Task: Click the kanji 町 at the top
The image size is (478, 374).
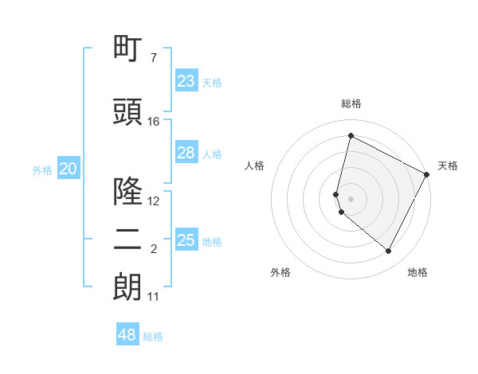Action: [127, 49]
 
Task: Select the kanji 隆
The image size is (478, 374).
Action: [127, 191]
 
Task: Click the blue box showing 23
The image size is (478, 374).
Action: [186, 81]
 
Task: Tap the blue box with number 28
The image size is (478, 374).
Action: [186, 153]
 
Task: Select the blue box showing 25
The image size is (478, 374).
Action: [186, 240]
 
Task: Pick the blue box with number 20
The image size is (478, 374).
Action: [69, 169]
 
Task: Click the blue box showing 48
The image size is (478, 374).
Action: [127, 335]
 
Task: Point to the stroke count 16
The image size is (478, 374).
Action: [154, 122]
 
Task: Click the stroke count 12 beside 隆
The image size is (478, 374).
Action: [154, 201]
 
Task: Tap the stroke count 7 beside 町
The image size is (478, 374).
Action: [154, 58]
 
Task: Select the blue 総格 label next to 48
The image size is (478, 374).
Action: [153, 337]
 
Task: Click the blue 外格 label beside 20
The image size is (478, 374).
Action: [42, 169]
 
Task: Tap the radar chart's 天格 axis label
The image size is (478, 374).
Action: [448, 166]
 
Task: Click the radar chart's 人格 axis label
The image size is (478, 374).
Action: [255, 166]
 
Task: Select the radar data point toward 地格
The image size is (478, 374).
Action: [388, 251]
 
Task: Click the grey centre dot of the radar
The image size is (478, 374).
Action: [351, 198]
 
